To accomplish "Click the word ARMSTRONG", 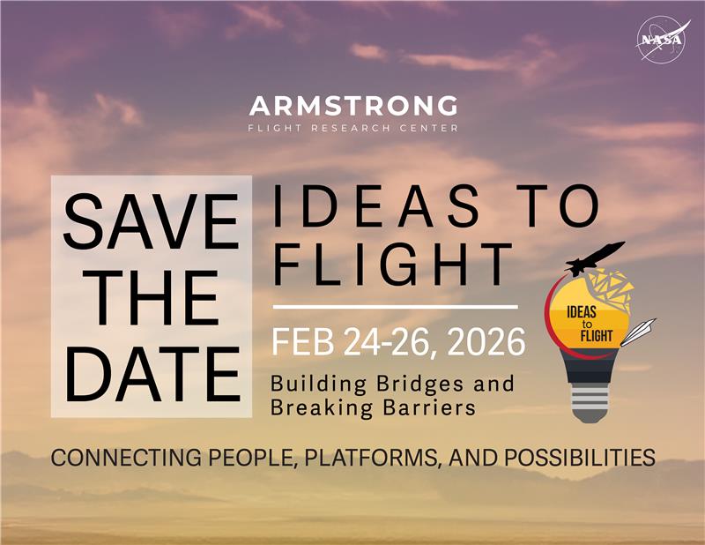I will [352, 108].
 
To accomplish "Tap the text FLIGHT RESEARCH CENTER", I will [352, 129].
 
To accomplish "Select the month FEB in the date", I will [304, 340].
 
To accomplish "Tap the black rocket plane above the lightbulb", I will [595, 256].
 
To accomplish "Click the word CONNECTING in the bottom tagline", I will [118, 458].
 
